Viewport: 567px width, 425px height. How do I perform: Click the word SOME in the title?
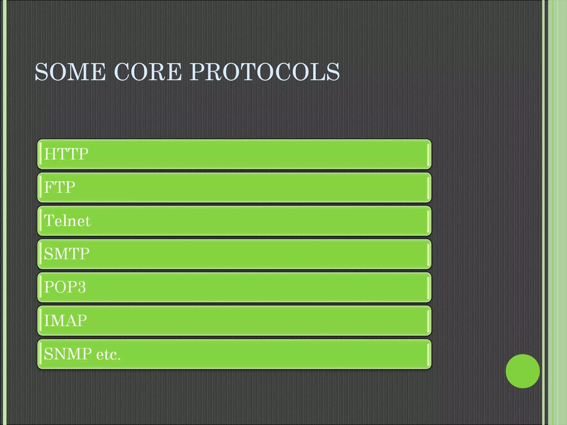70,72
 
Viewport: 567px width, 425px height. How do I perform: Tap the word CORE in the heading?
148,72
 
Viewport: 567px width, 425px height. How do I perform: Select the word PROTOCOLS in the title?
264,72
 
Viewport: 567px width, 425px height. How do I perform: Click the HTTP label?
66,154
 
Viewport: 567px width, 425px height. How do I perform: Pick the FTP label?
60,187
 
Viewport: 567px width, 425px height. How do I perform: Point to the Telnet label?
67,221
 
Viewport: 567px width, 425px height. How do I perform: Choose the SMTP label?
67,254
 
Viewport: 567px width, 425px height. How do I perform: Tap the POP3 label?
65,287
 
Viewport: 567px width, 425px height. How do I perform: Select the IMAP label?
65,321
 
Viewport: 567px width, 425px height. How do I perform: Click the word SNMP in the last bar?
68,354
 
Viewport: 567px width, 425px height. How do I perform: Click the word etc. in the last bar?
108,354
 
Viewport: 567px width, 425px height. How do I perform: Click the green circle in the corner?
522,371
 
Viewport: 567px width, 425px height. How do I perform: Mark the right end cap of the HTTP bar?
428,154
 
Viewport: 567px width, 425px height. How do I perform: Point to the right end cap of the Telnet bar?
428,221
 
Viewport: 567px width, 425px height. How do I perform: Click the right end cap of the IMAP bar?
428,321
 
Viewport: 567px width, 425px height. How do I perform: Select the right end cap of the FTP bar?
428,187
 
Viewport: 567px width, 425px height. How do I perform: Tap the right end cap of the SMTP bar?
428,254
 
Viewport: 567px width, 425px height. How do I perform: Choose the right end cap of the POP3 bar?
428,287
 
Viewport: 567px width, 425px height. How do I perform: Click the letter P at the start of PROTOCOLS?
197,72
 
